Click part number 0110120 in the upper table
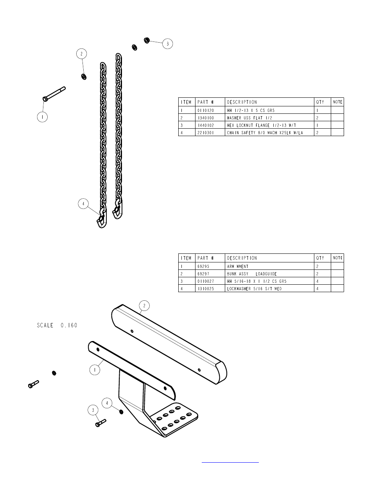[206, 110]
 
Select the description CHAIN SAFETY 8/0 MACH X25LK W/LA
[265, 133]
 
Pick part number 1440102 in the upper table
[206, 125]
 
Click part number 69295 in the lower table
[203, 266]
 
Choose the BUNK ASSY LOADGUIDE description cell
[252, 274]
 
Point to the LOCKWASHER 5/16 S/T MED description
[254, 289]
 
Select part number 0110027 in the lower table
[206, 281]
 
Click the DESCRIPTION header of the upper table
[242, 102]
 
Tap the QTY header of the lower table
[320, 258]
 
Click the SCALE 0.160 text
[57, 325]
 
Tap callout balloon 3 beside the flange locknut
[167, 43]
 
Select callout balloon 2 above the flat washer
[81, 54]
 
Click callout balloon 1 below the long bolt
[42, 117]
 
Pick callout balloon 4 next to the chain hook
[83, 204]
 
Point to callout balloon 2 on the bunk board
[144, 305]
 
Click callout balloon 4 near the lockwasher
[107, 403]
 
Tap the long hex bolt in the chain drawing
[54, 93]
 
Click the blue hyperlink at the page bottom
[230, 462]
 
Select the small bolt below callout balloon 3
[100, 423]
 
